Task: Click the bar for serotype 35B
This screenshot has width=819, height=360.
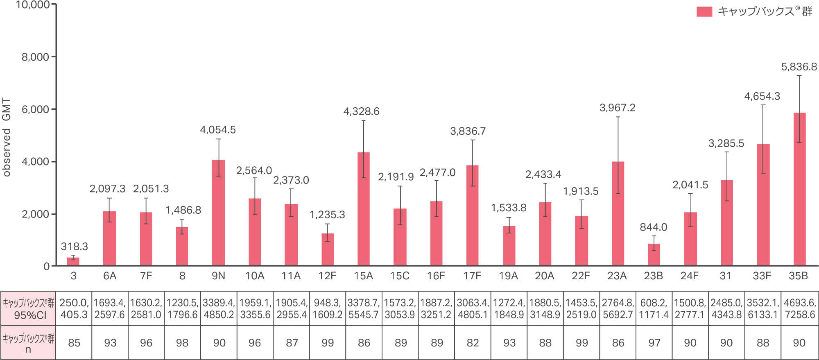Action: tap(799, 189)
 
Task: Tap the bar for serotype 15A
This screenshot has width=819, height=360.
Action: tap(364, 209)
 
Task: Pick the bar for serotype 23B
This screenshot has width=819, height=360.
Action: tap(654, 255)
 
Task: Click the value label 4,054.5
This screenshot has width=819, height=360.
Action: tap(218, 130)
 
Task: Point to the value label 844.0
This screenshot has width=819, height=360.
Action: tap(654, 227)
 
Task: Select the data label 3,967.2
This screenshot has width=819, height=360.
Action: tap(618, 108)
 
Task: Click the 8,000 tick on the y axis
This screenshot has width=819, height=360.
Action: tap(35, 57)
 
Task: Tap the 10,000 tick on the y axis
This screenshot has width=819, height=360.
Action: tap(33, 5)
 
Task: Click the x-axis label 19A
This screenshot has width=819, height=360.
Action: tap(509, 276)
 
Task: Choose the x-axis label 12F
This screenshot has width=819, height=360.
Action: tap(327, 276)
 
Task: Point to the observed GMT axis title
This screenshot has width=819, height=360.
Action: tap(7, 137)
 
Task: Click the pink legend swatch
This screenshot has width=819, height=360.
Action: tap(704, 11)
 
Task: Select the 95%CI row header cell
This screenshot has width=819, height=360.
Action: tap(28, 309)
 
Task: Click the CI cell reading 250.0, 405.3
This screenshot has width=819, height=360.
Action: tap(74, 309)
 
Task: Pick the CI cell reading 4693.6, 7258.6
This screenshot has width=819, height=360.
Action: tap(800, 309)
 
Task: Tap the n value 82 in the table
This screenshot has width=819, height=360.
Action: tap(473, 343)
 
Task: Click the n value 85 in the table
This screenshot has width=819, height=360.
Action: tap(74, 343)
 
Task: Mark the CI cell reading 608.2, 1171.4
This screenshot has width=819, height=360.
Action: tap(654, 309)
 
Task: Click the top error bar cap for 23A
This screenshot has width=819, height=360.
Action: tap(618, 117)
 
